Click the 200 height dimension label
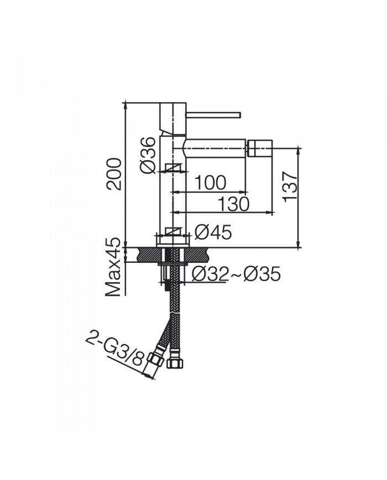114,173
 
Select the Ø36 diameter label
148,155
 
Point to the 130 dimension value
233,204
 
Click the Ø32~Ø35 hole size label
236,273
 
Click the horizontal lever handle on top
213,115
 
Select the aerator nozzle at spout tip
260,148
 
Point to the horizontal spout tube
216,148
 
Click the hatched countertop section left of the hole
145,254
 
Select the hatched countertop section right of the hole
197,254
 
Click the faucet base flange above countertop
174,241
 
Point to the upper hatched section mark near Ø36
172,168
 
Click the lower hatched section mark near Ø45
172,232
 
